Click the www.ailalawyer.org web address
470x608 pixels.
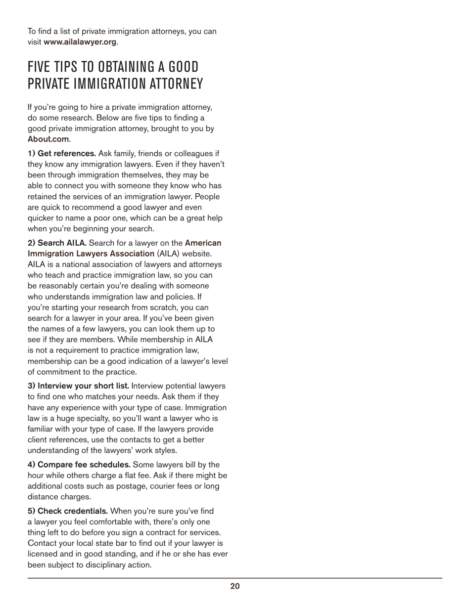coord(80,42)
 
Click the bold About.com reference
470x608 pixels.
coord(48,139)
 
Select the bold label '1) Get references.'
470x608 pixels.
coord(62,154)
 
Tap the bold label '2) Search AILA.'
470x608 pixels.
coord(57,243)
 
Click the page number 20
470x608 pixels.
coord(235,586)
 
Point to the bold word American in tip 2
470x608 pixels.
coord(203,243)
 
